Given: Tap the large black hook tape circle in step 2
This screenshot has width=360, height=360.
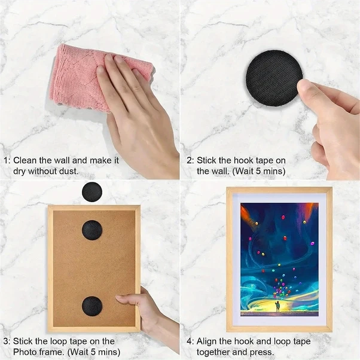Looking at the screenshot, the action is (x=273, y=78).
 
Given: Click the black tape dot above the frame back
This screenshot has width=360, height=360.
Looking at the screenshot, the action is (x=92, y=192).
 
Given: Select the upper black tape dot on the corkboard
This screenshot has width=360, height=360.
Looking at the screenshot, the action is (x=92, y=230).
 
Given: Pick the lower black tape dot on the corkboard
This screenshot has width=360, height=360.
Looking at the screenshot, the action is (x=92, y=306).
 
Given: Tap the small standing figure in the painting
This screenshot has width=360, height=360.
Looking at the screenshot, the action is (x=278, y=306).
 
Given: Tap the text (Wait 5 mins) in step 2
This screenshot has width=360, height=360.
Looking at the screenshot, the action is (x=259, y=171).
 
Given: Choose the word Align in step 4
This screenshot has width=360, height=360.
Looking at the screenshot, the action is (x=206, y=341).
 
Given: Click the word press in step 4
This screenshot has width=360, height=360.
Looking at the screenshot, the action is (x=261, y=352).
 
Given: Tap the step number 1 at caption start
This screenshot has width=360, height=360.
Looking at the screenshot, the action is (x=6, y=160).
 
